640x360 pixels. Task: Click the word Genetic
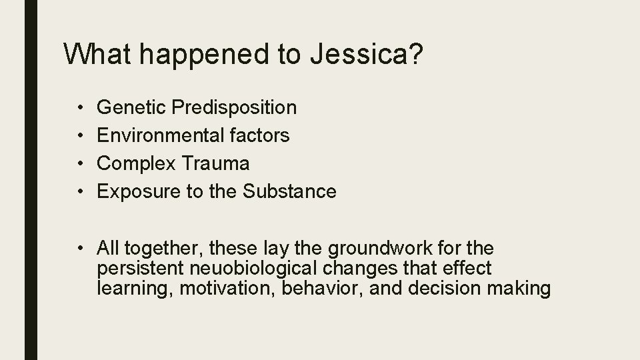pos(131,107)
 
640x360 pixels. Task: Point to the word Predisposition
pos(234,107)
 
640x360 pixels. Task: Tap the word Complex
pos(134,164)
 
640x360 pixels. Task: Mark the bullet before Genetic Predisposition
pos(79,107)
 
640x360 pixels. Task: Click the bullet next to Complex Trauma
pos(79,164)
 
